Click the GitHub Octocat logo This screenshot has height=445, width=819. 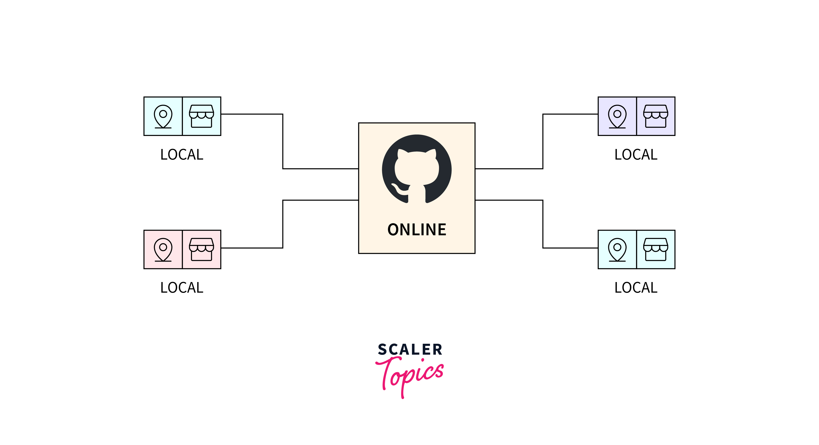point(417,169)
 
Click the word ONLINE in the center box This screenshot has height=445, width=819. point(417,229)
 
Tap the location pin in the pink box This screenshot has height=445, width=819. point(163,249)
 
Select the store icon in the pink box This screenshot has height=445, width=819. point(202,249)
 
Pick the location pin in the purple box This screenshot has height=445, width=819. point(617,116)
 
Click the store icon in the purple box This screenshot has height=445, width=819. point(655,116)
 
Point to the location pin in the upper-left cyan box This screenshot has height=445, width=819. point(163,116)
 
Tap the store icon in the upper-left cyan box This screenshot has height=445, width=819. point(202,116)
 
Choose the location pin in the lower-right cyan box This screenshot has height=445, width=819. point(617,249)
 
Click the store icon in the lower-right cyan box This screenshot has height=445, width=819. point(655,249)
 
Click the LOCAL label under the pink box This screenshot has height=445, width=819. point(182,288)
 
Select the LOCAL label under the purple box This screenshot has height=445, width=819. point(636,155)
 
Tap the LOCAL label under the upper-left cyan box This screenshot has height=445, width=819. point(182,155)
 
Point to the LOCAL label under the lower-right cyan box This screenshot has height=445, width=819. point(636,288)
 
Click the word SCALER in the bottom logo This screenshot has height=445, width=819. point(410,350)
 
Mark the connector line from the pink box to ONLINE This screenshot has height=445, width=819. point(283,223)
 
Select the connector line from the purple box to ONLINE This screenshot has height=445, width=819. point(543,142)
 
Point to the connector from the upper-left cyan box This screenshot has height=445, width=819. point(283,142)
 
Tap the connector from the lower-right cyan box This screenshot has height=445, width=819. point(543,223)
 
